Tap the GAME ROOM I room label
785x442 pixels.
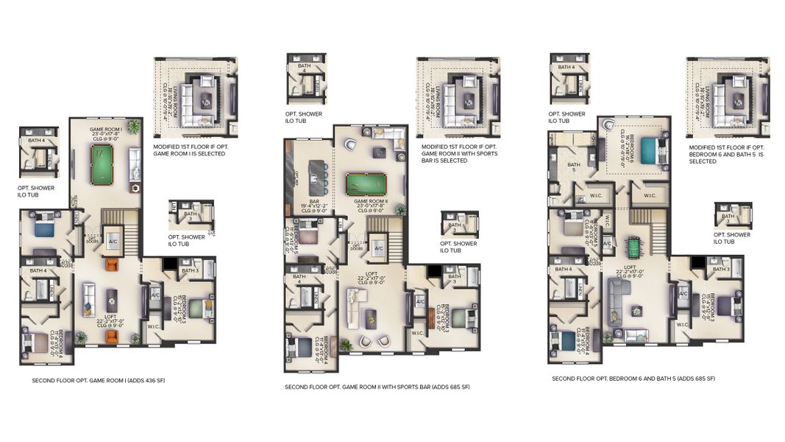pyautogui.click(x=105, y=132)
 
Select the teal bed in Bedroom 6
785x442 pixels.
pyautogui.click(x=647, y=151)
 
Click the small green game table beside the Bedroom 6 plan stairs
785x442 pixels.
pyautogui.click(x=633, y=244)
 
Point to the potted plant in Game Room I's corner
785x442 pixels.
pyautogui.click(x=134, y=127)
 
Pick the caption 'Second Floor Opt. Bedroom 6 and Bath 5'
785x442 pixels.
pyautogui.click(x=633, y=379)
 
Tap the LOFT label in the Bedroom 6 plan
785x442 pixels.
pyautogui.click(x=633, y=270)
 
